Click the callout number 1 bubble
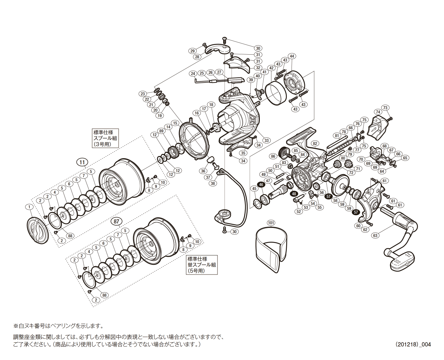point(29,207)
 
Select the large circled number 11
point(82,162)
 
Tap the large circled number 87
point(116,221)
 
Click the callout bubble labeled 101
point(271,223)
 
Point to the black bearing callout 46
point(261,184)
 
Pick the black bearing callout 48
point(294,194)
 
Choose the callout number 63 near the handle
point(375,235)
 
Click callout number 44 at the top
point(292,56)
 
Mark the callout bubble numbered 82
point(315,143)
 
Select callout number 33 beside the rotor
point(266,140)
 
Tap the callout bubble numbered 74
point(378,112)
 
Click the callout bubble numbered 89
point(162,131)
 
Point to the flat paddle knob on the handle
point(402,260)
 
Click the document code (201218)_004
point(413,344)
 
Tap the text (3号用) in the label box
point(102,144)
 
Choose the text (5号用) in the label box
point(196,271)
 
